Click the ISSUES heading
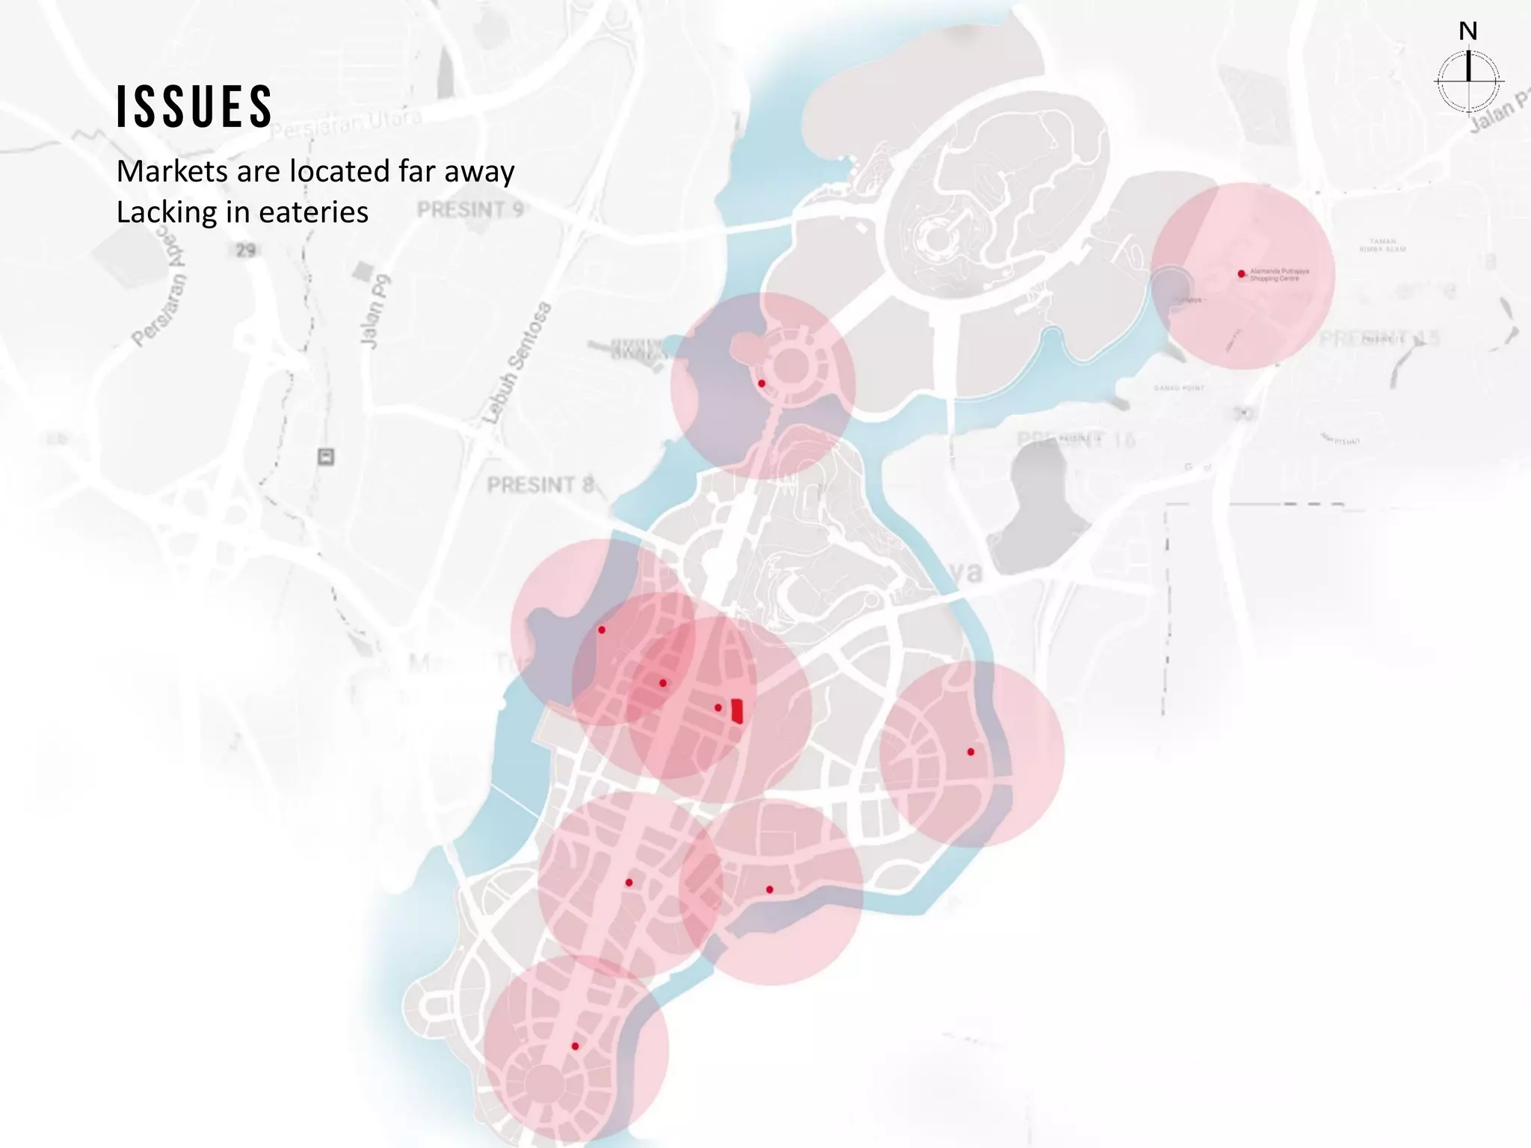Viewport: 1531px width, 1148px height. [x=194, y=106]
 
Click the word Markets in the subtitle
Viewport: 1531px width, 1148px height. [x=172, y=171]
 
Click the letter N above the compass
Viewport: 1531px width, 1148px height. [x=1467, y=31]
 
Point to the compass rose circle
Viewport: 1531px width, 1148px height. [x=1468, y=81]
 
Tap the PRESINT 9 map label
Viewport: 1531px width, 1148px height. [x=470, y=209]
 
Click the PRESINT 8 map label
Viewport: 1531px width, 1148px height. [x=540, y=485]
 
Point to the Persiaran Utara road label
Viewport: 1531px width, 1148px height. [x=346, y=125]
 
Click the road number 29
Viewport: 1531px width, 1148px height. [x=245, y=250]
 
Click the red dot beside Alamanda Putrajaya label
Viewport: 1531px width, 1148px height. [x=1241, y=274]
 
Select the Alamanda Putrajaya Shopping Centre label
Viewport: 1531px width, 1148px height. [x=1279, y=274]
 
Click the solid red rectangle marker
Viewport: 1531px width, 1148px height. [x=737, y=710]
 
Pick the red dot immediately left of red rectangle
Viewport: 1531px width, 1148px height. [x=718, y=707]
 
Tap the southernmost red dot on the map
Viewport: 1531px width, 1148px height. [x=575, y=1046]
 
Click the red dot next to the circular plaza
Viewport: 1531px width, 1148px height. [x=761, y=383]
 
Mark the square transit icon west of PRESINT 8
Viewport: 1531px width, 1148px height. [x=326, y=456]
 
